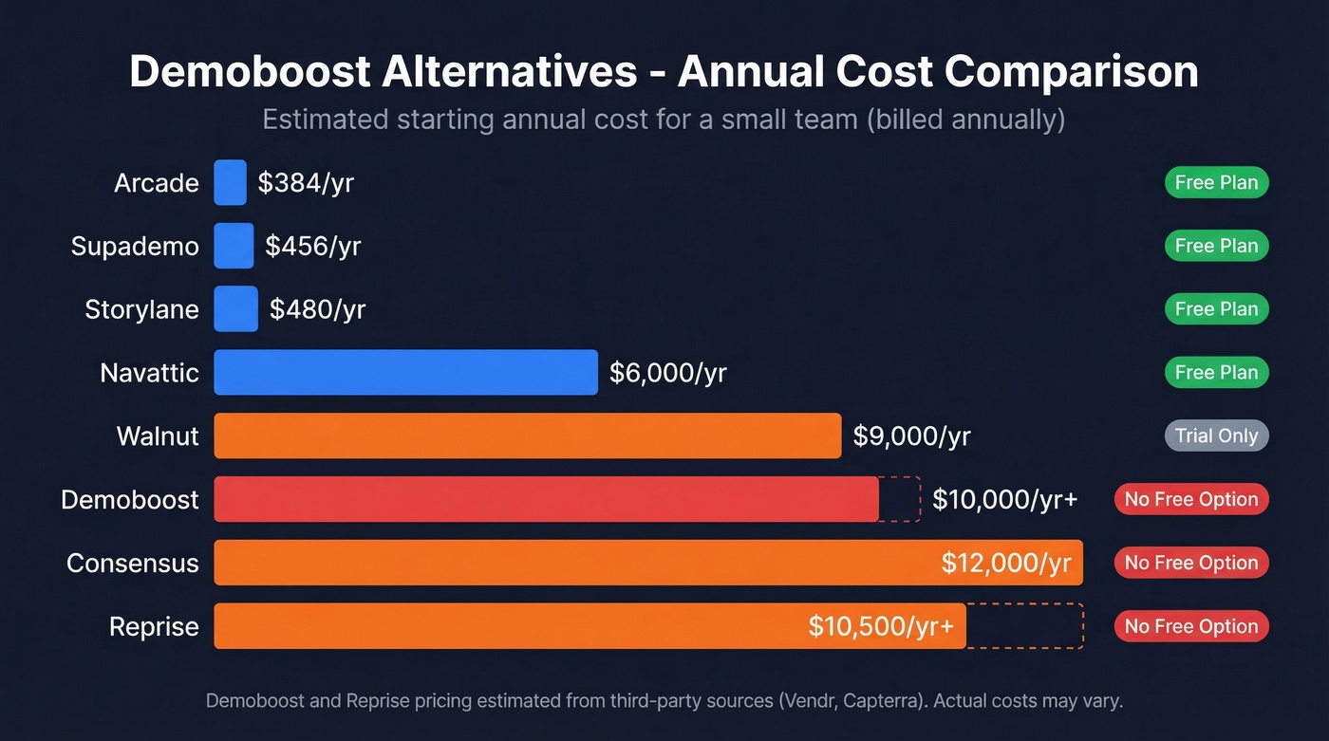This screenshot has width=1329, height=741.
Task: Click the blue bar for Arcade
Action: coord(230,182)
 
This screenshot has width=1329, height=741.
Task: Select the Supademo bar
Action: coord(234,246)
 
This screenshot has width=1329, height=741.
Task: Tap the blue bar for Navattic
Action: coord(405,372)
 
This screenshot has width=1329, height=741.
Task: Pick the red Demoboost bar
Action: coord(546,499)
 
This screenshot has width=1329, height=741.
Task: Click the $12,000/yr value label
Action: coord(1005,563)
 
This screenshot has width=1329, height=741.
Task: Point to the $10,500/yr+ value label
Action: coord(880,626)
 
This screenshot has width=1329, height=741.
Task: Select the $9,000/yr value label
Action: coord(911,435)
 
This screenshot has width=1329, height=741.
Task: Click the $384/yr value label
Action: coord(306,182)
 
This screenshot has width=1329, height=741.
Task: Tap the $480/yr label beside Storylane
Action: coord(317,309)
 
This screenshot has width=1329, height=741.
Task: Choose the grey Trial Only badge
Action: coord(1216,435)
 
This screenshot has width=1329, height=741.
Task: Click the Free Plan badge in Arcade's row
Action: coord(1216,182)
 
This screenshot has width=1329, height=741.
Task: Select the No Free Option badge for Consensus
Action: coord(1190,563)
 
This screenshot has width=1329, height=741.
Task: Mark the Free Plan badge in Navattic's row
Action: coord(1216,372)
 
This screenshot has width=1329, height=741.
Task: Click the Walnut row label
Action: coord(158,435)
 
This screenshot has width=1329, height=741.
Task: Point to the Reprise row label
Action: coord(154,626)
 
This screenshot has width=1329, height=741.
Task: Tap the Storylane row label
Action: coord(141,309)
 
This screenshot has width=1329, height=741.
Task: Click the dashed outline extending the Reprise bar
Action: coord(1025,626)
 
